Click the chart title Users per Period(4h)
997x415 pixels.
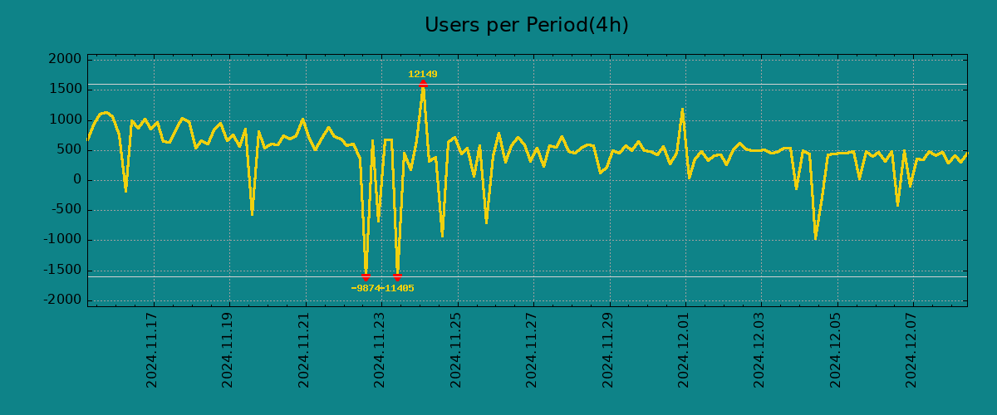(527, 25)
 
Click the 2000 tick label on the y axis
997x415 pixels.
(64, 60)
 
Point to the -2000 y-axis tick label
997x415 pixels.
(61, 300)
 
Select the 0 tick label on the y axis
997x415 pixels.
(76, 180)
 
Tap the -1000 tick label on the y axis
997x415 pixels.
(61, 240)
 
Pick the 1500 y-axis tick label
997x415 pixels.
(64, 90)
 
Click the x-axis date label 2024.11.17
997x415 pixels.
(152, 349)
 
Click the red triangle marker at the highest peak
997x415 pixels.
(423, 84)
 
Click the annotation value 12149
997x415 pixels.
(422, 74)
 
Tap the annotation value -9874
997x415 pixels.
(366, 288)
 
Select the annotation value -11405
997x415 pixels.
(397, 288)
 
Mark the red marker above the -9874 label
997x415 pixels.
(366, 276)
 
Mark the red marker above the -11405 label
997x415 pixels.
(397, 276)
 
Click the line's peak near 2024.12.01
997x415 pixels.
(682, 110)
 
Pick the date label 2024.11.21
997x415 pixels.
(304, 349)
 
